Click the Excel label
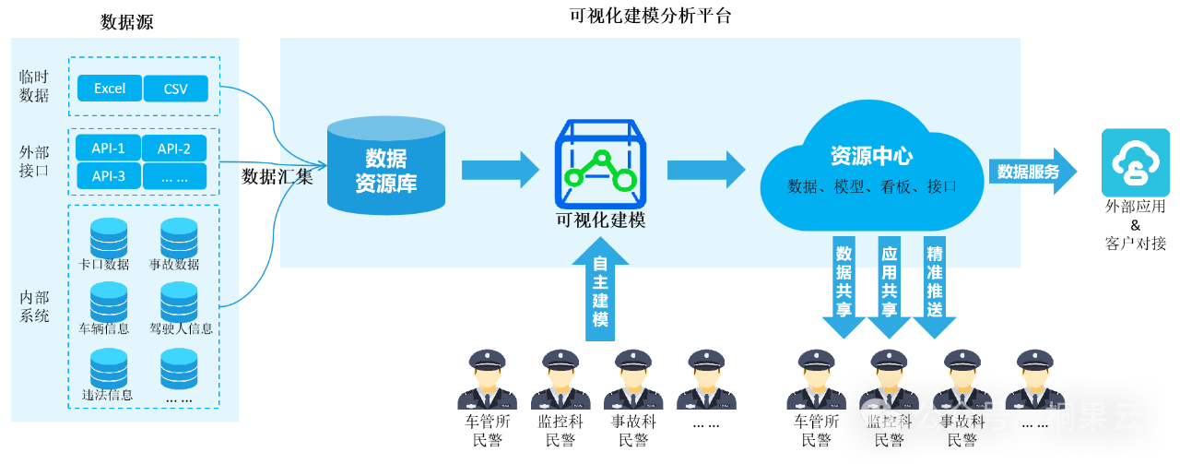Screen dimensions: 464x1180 click(x=110, y=89)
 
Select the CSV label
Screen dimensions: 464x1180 click(x=175, y=89)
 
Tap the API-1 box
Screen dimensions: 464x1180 click(x=109, y=149)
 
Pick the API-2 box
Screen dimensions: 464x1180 click(x=174, y=149)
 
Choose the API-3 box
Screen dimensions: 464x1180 click(x=109, y=175)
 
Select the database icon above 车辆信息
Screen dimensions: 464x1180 click(x=109, y=299)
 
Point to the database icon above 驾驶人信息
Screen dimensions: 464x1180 click(x=179, y=299)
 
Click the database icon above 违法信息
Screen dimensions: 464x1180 click(x=109, y=365)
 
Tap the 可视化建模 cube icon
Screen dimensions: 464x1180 click(x=600, y=163)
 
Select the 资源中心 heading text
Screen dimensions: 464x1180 click(x=871, y=155)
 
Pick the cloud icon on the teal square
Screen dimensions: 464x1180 click(x=1136, y=163)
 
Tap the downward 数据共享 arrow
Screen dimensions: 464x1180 click(x=844, y=286)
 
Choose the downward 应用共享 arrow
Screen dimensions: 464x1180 click(x=890, y=286)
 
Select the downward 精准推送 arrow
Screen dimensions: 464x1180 click(x=935, y=286)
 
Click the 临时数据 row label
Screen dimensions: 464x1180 click(x=34, y=86)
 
